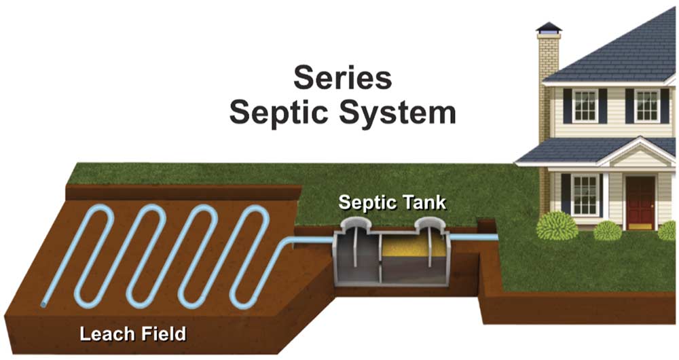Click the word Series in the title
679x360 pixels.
tap(342, 78)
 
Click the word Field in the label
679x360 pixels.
tap(164, 334)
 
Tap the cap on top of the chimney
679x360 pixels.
tap(548, 29)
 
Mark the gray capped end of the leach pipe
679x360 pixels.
tap(44, 304)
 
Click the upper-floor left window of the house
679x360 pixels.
tap(585, 105)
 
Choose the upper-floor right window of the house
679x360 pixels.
tap(646, 105)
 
